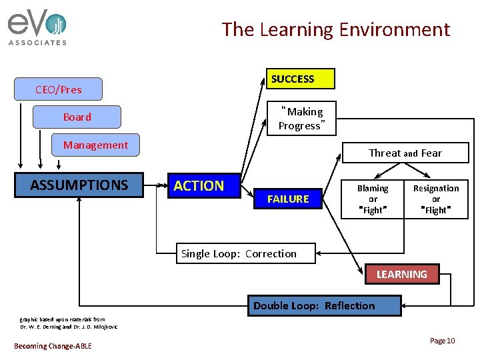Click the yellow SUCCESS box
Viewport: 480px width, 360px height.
[300, 79]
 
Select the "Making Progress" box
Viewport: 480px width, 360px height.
[301, 118]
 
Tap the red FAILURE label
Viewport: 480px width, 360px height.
[288, 199]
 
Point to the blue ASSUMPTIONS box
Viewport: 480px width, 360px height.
[79, 185]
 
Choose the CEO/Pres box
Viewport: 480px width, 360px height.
[59, 89]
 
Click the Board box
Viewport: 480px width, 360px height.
[77, 117]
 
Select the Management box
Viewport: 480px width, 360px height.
[96, 145]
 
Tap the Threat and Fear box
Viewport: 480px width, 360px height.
[405, 153]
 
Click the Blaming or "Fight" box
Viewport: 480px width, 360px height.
[373, 199]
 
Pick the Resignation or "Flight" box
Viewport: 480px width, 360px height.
[436, 199]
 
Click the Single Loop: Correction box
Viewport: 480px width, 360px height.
[239, 253]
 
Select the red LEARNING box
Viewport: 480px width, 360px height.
[401, 274]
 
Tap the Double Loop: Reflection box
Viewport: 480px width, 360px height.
[324, 305]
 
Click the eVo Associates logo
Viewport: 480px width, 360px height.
[37, 29]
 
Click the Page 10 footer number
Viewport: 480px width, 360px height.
[442, 341]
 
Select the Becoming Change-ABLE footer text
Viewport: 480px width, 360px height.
[53, 345]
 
